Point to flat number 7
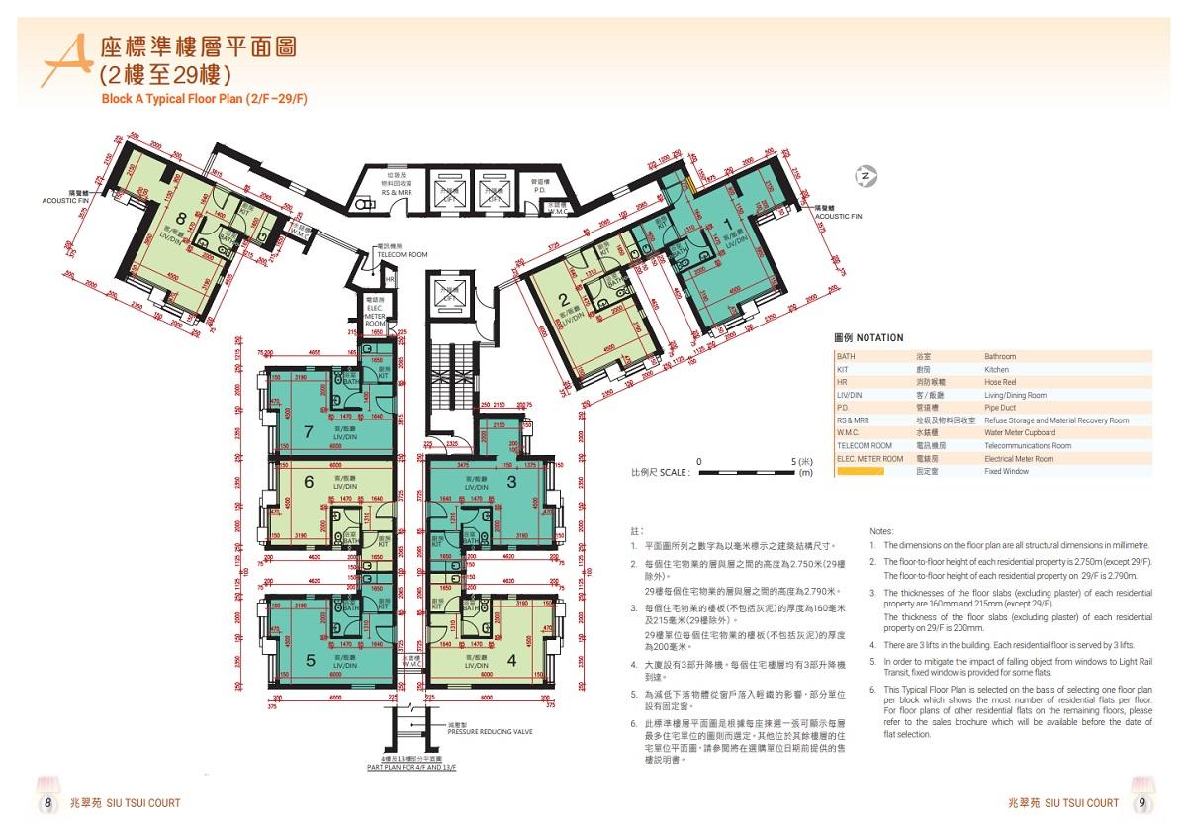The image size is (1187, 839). pos(308,430)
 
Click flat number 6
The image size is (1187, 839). pos(308,482)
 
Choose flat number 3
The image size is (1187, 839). pos(510,482)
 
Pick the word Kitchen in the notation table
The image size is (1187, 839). pos(996,369)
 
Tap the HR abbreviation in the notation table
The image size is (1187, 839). pos(842,382)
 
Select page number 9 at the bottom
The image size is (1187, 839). pos(1141,802)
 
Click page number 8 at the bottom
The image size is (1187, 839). pos(46,802)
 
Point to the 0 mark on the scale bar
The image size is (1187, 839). pos(699,461)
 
